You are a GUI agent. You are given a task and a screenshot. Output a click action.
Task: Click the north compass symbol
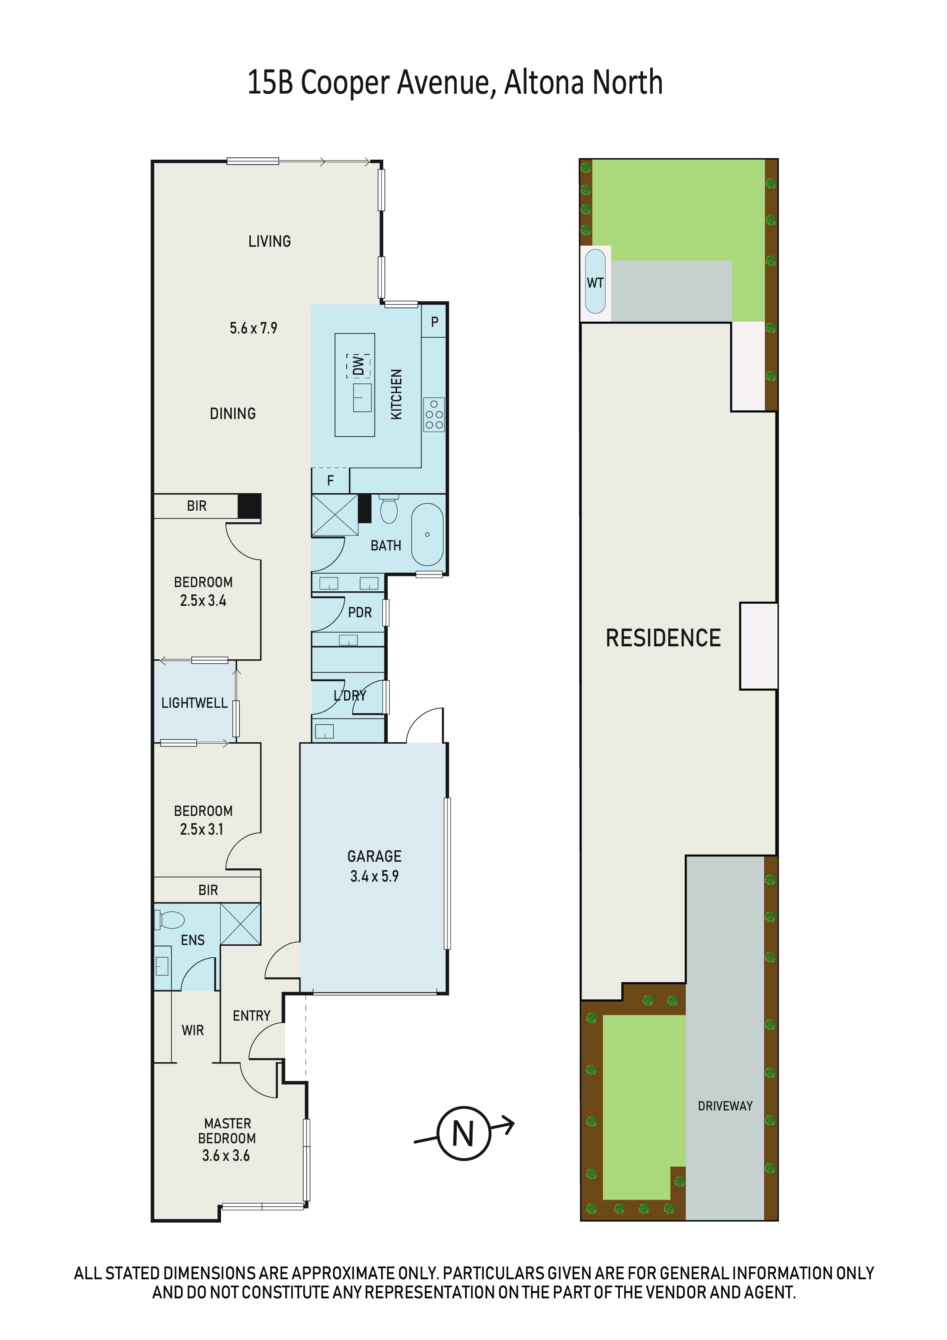(x=464, y=1133)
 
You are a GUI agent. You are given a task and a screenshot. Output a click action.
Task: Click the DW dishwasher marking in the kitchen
(x=358, y=365)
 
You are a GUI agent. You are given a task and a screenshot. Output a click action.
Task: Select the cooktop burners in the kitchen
(x=433, y=414)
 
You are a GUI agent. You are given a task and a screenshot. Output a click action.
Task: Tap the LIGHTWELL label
(x=194, y=703)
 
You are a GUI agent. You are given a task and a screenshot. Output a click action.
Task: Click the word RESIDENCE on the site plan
(x=663, y=638)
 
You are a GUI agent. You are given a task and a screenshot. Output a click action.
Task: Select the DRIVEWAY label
(x=725, y=1106)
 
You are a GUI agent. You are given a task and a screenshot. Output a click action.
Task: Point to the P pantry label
(x=434, y=322)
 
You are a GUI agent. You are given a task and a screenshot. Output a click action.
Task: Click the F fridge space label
(x=330, y=480)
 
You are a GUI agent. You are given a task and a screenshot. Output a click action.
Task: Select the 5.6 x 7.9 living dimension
(x=253, y=328)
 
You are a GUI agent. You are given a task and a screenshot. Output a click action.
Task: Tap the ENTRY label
(x=252, y=1016)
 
